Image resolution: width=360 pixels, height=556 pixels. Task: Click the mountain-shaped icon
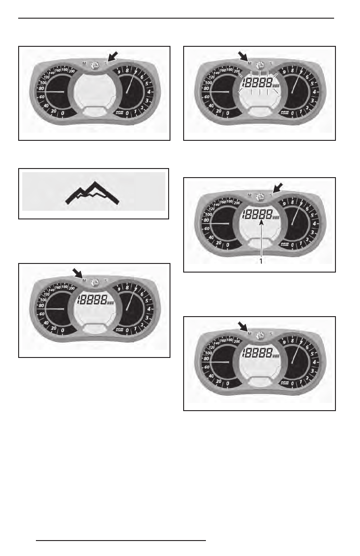[x=94, y=193]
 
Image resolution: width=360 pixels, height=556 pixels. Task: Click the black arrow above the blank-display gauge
[x=112, y=55]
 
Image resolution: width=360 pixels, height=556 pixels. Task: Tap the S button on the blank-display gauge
[x=105, y=64]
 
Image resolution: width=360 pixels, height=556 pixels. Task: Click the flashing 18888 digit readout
[x=260, y=83]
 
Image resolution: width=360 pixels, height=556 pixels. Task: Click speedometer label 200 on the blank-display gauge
[x=71, y=71]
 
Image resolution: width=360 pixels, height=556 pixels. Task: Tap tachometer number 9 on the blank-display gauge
[x=119, y=72]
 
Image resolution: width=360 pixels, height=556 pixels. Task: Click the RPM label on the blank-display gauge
[x=120, y=112]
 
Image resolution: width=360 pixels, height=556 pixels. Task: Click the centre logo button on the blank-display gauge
[x=95, y=65]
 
